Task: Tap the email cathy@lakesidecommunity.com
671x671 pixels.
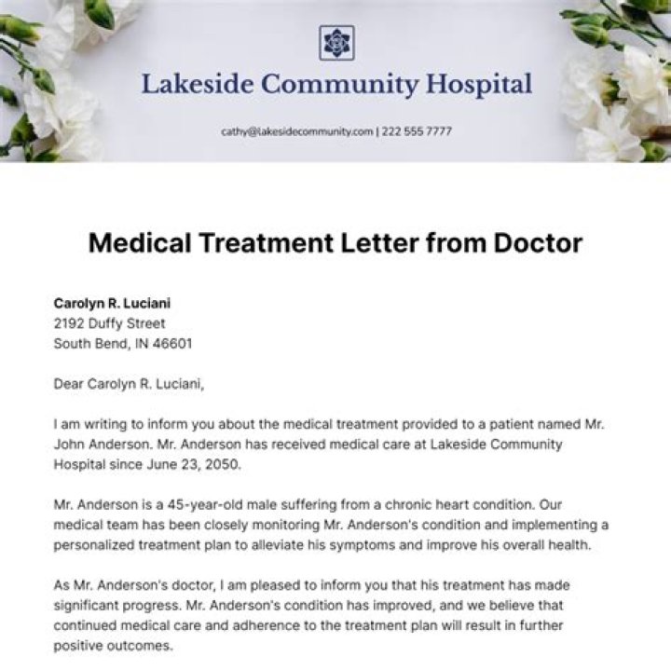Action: pos(296,131)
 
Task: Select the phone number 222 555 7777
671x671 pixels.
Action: pos(417,131)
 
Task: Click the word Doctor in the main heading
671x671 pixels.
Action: pos(527,244)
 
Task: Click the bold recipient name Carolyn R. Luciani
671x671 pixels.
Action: pos(112,303)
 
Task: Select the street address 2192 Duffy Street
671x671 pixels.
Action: pos(109,323)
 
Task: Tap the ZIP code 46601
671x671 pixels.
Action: pos(171,343)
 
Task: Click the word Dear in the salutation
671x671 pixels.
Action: pos(70,383)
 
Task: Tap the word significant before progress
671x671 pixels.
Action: pos(87,605)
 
